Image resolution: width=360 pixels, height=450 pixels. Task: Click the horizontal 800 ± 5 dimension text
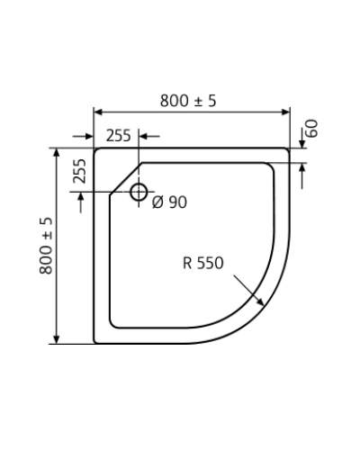click(188, 101)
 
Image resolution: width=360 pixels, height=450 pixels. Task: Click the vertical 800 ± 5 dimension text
click(46, 246)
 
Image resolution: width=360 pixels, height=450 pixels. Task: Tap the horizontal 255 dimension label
click(119, 136)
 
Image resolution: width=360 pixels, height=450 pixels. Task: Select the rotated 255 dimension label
click(79, 171)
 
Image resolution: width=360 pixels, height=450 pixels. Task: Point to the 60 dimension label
click(312, 129)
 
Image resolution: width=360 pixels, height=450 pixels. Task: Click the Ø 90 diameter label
click(169, 202)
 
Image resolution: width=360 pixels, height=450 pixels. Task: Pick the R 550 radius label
click(203, 263)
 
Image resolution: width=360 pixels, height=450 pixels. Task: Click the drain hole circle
click(139, 192)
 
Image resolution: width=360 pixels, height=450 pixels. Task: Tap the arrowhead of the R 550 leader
click(260, 302)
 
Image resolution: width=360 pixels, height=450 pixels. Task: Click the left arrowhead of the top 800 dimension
click(98, 112)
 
